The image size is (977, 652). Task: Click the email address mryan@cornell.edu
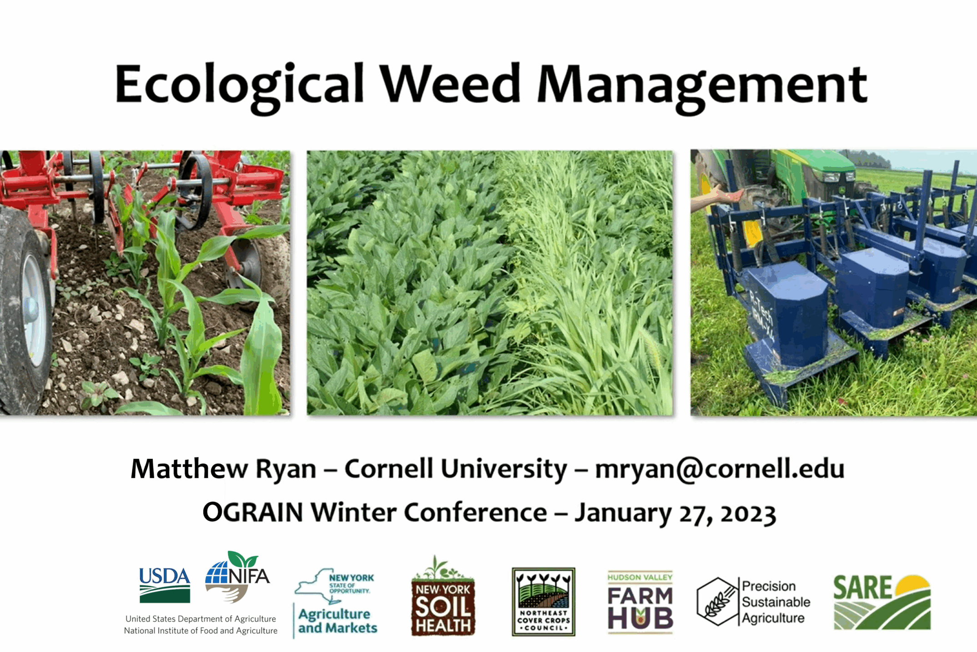pyautogui.click(x=720, y=469)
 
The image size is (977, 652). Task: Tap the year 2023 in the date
pyautogui.click(x=748, y=513)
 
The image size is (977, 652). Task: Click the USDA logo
pyautogui.click(x=165, y=585)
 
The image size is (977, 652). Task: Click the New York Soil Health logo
pyautogui.click(x=443, y=596)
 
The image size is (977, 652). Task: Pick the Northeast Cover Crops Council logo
pyautogui.click(x=543, y=601)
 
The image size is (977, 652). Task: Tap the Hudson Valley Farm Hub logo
pyautogui.click(x=640, y=601)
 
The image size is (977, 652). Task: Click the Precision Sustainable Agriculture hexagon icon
pyautogui.click(x=717, y=601)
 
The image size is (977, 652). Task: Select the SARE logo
pyautogui.click(x=882, y=602)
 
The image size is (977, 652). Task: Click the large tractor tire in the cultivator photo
pyautogui.click(x=25, y=309)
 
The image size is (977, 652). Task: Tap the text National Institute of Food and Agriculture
pyautogui.click(x=200, y=631)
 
